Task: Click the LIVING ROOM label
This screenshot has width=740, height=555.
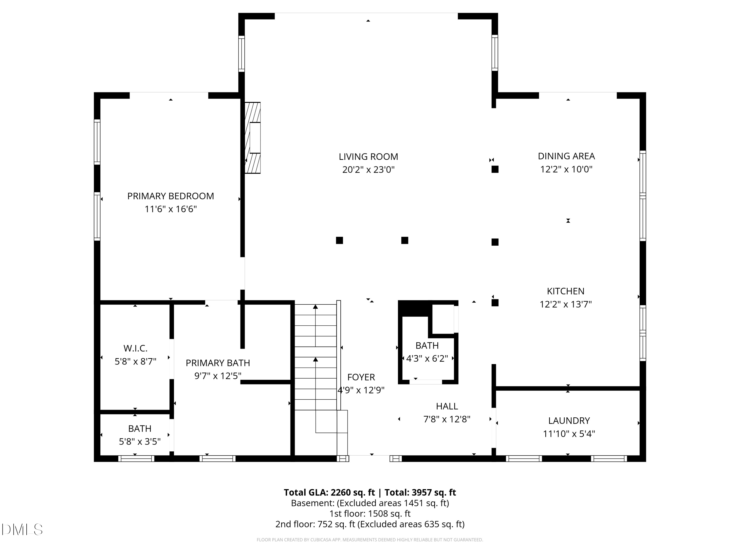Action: [x=368, y=157]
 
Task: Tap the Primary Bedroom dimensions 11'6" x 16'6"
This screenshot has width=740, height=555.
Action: [x=171, y=209]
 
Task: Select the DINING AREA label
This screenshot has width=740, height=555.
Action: [x=566, y=156]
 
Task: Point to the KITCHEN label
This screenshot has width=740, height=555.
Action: [x=565, y=291]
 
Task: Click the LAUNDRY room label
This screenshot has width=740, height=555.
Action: [x=569, y=421]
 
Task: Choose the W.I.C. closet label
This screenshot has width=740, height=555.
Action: [x=135, y=348]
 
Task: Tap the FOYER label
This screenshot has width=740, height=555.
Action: [x=361, y=377]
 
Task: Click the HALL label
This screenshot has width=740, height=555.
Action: [x=447, y=406]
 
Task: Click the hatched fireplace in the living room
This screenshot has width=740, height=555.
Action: [x=253, y=138]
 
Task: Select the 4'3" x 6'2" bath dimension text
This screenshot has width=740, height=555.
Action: [x=427, y=359]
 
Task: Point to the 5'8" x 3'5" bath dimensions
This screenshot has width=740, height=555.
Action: [x=140, y=442]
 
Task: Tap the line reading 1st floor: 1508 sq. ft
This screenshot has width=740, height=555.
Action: [x=370, y=514]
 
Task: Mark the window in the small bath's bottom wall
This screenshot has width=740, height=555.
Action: [x=136, y=458]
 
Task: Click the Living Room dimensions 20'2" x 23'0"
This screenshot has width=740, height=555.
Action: [x=368, y=170]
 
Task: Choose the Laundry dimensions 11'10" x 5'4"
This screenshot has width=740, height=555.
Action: [x=569, y=434]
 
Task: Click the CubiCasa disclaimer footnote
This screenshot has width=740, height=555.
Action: [x=370, y=540]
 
